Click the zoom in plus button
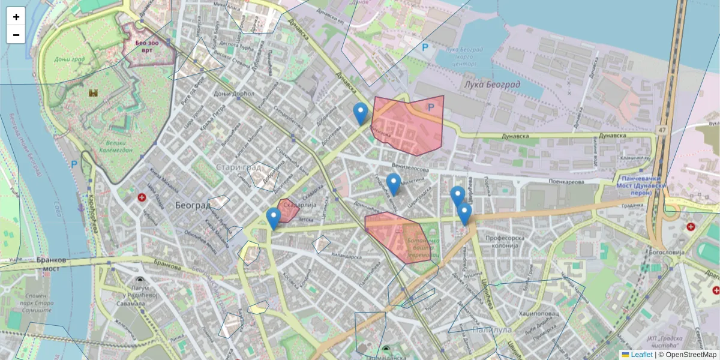point(16,17)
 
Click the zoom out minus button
point(16,35)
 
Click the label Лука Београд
point(492,85)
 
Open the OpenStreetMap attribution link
point(691,355)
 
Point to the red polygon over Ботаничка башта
point(399,237)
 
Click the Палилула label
point(491,330)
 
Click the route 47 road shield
point(661,129)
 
